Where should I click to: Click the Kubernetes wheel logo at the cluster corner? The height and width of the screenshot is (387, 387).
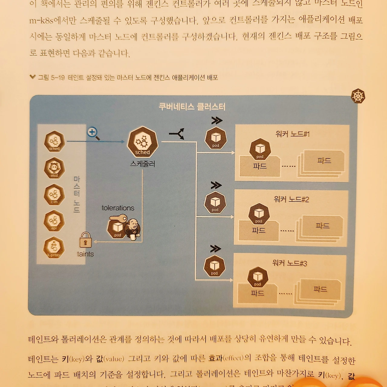click(x=358, y=96)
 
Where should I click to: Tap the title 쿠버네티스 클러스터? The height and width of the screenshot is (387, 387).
click(x=192, y=107)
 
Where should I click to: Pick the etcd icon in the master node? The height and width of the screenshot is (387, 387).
click(x=54, y=168)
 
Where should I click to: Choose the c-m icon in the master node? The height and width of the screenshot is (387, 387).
click(x=54, y=195)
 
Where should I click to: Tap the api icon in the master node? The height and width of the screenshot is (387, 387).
click(x=54, y=221)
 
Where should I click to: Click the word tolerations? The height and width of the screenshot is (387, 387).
click(x=118, y=208)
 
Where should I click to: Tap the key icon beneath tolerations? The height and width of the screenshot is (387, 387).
click(x=118, y=218)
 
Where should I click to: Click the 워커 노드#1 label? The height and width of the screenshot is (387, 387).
click(x=292, y=134)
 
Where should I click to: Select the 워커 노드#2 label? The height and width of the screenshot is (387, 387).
click(x=291, y=199)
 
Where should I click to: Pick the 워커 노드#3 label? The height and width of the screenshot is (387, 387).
click(x=289, y=263)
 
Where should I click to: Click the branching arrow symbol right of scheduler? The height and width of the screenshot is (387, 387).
click(x=177, y=134)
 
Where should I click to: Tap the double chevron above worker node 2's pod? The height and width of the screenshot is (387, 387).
click(x=216, y=185)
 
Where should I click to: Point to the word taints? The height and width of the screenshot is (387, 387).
click(x=85, y=254)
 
